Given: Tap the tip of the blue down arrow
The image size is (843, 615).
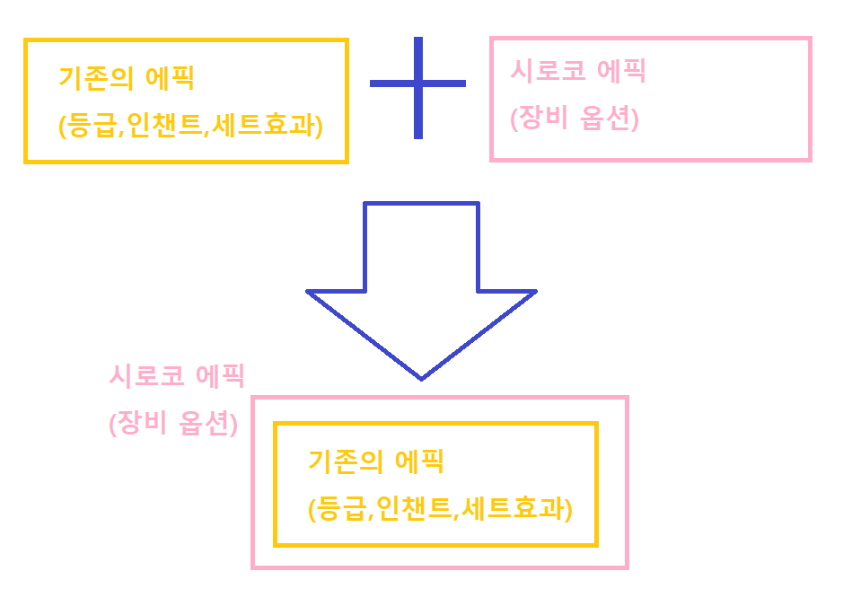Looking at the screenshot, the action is (421, 377).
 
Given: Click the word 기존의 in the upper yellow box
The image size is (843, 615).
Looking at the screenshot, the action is (96, 78).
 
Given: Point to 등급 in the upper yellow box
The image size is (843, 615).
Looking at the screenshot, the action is (91, 127).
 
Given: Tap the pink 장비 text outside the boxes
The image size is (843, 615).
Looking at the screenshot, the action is (141, 423).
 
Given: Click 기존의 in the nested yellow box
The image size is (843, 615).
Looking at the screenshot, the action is (346, 461).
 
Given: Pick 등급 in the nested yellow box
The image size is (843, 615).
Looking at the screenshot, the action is (340, 510).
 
